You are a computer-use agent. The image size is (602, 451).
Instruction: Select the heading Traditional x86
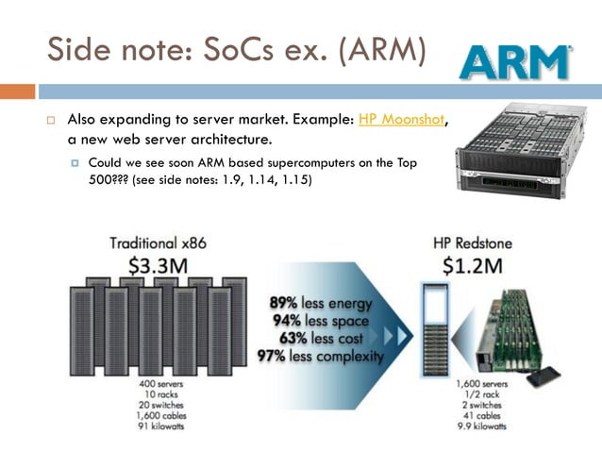(158, 242)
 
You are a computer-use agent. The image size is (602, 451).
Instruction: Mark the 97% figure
(273, 356)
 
